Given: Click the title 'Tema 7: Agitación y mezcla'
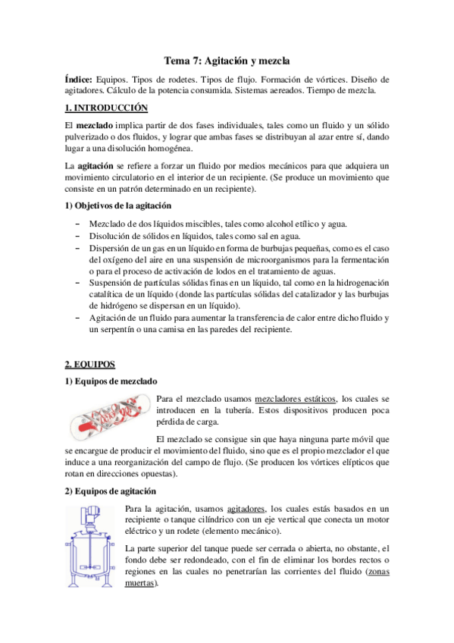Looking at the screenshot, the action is coord(227,60).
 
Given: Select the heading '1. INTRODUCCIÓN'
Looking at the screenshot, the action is coord(105,108).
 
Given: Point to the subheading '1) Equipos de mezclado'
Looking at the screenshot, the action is coord(110,380).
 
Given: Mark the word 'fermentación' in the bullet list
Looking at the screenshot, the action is coord(363,259).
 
